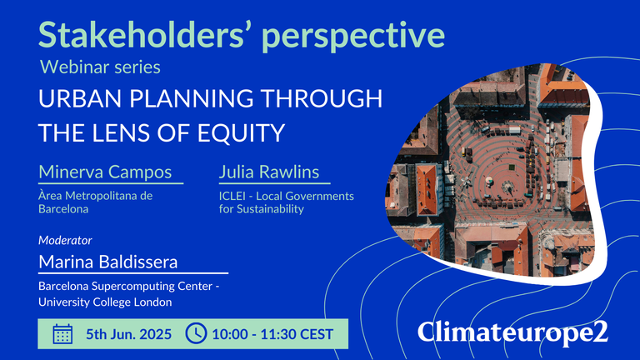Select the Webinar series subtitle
click(x=100, y=67)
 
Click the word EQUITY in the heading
click(x=241, y=132)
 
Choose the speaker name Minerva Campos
click(x=105, y=172)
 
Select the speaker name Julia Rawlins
click(x=269, y=172)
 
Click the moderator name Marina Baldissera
click(x=108, y=262)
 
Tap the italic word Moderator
click(x=65, y=240)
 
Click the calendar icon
click(x=62, y=334)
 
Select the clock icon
click(x=197, y=333)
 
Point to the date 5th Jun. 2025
click(x=128, y=334)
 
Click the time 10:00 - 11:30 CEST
click(x=272, y=334)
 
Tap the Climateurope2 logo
click(x=512, y=332)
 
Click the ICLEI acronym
click(x=232, y=196)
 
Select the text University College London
click(x=105, y=302)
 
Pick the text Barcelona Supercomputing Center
click(x=125, y=286)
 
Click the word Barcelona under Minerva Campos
click(x=63, y=209)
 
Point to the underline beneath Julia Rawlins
click(x=275, y=183)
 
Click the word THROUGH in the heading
click(x=322, y=98)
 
